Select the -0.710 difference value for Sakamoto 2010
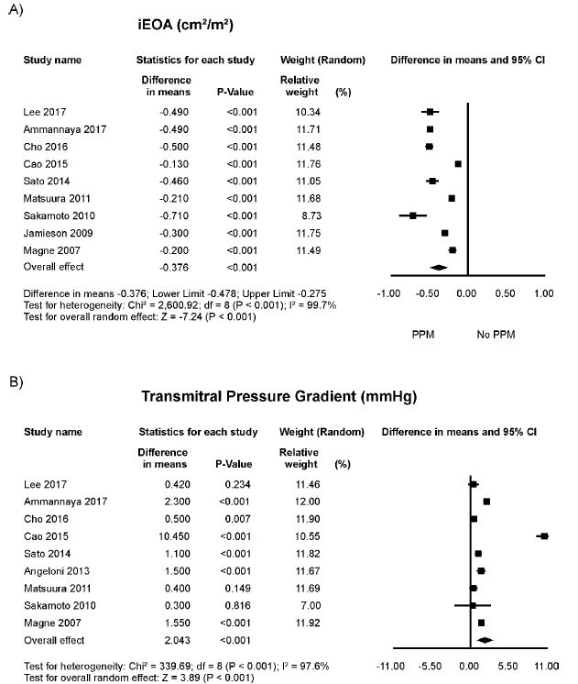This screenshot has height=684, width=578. coord(165,215)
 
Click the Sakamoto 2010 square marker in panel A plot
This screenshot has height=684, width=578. coord(413,215)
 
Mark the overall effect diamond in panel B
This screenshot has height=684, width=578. coord(485,639)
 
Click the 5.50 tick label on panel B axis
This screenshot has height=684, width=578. coord(507,665)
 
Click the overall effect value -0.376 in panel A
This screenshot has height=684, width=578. coord(165,267)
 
